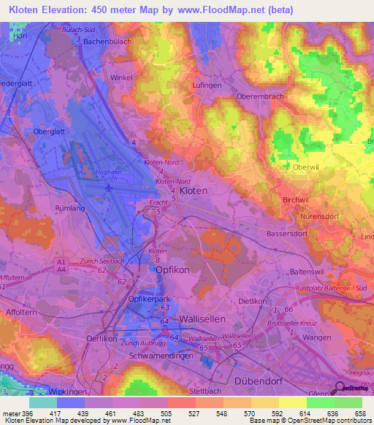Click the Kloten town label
click(x=194, y=190)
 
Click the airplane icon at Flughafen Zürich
click(x=109, y=188)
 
